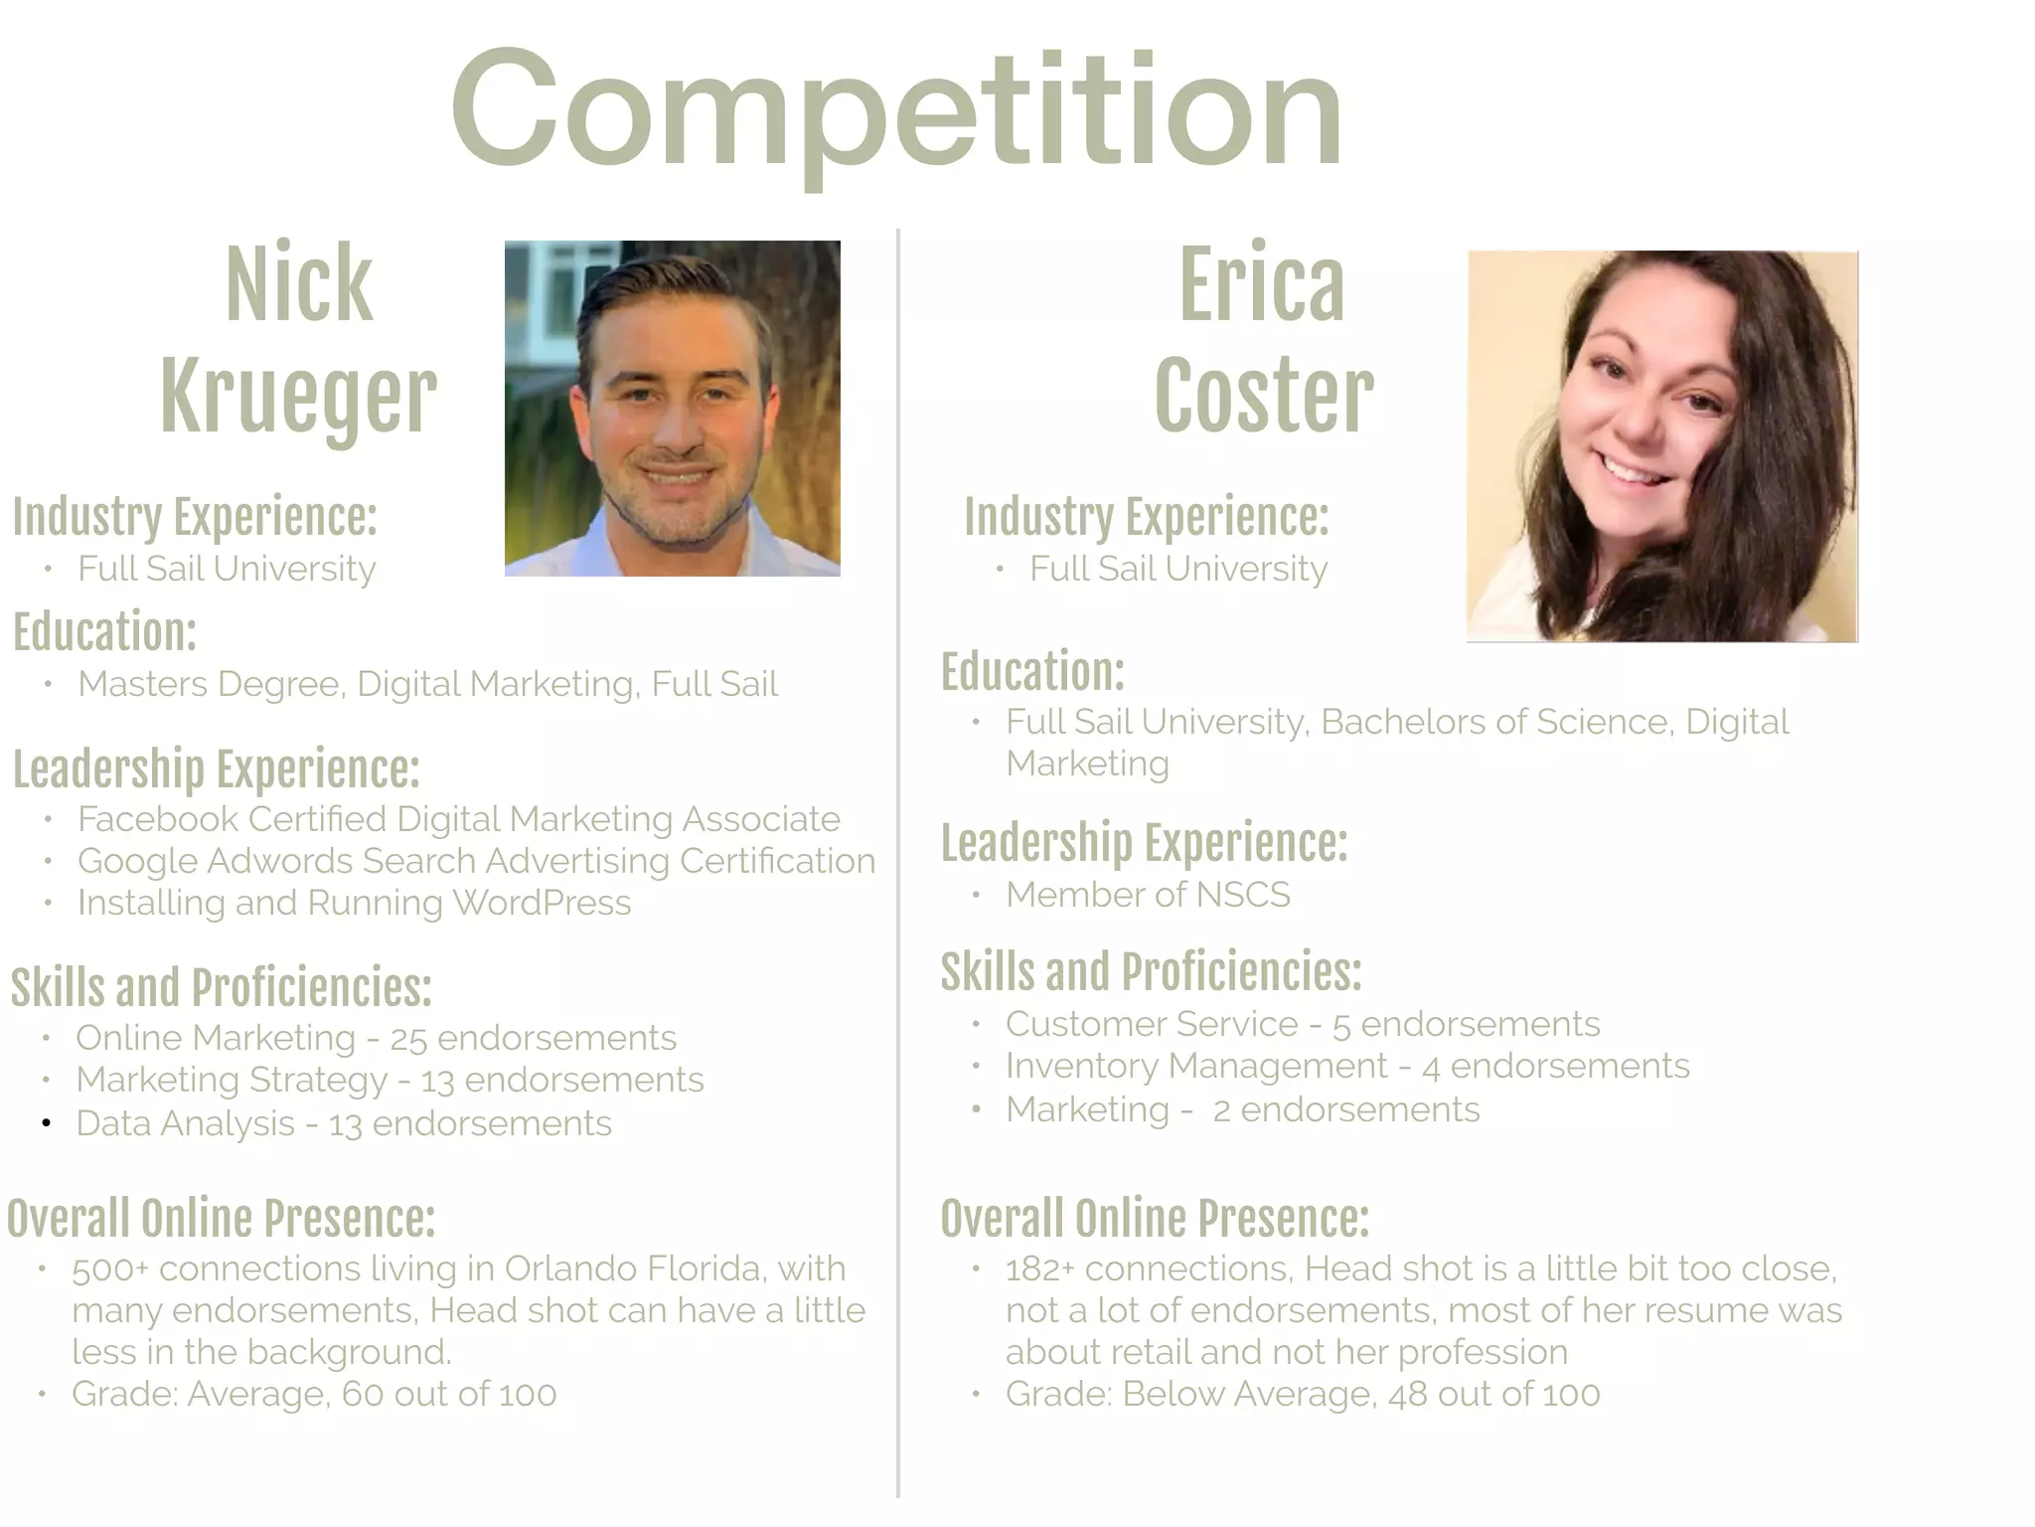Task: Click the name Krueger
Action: [x=298, y=397]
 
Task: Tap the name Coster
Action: [x=1264, y=397]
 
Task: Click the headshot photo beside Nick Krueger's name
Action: [x=672, y=409]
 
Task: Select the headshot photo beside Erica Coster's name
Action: [x=1661, y=446]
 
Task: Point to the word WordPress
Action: [x=542, y=903]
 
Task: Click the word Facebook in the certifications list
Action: [x=158, y=819]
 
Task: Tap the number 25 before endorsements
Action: [x=407, y=1039]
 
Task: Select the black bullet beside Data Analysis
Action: [x=46, y=1123]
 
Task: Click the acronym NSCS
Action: [x=1243, y=895]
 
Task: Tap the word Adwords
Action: [x=279, y=861]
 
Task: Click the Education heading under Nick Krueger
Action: [x=104, y=632]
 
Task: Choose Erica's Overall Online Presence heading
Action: [x=1155, y=1219]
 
